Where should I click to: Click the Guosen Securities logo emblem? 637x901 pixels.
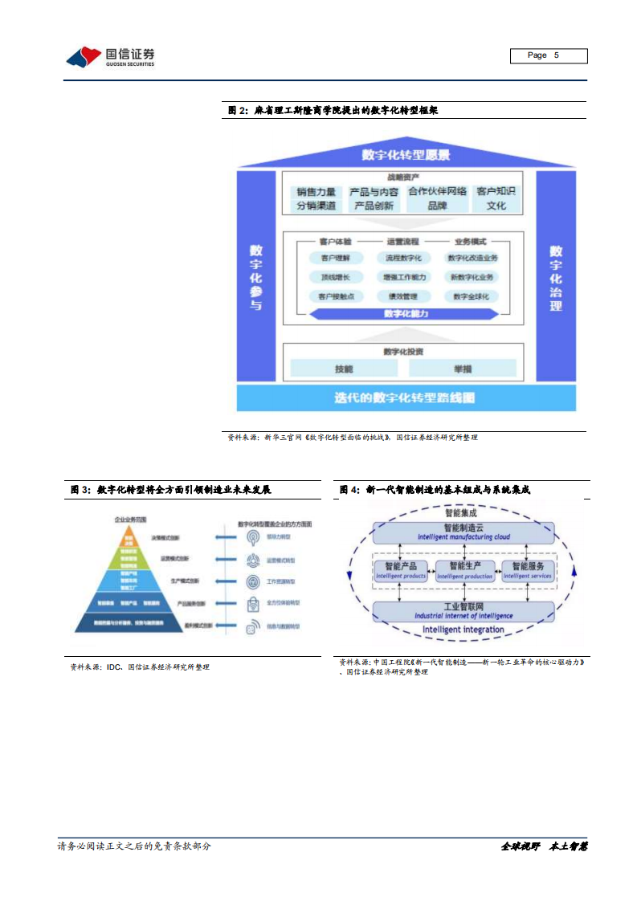point(84,56)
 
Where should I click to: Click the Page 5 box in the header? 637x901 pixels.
point(549,55)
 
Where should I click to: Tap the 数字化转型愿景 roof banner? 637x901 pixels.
point(406,155)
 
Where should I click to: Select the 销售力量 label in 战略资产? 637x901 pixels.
point(316,192)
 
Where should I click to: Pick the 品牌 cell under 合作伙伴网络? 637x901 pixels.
point(437,206)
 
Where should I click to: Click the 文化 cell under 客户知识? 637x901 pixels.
point(496,206)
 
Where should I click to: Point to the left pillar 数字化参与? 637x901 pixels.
point(255,277)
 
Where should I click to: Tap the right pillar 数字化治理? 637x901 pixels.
point(556,277)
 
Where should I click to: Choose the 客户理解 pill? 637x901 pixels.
point(335,258)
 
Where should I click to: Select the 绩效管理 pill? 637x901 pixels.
point(404,296)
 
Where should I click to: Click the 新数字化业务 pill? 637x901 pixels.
point(472,277)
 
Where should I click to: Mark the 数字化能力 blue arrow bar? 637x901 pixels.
point(406,314)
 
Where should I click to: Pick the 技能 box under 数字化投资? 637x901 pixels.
point(343,369)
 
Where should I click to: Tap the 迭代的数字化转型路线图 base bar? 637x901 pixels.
point(406,397)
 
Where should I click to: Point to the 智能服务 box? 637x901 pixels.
point(528,569)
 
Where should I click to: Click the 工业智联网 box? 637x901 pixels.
point(465,610)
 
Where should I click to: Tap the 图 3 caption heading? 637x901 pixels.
point(170,489)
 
